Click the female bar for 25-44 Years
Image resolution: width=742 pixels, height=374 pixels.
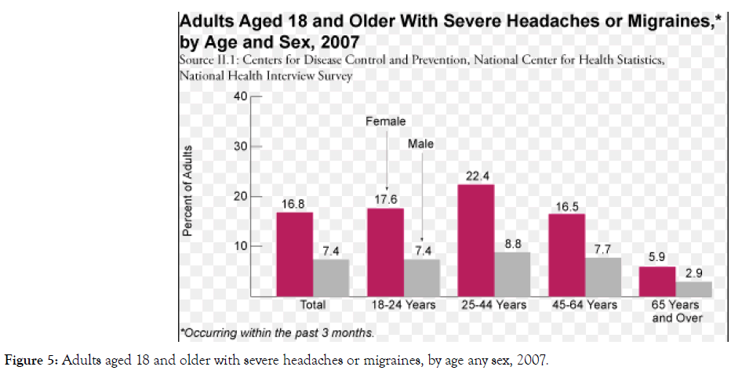coord(475,240)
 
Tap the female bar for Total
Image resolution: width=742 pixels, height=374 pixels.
coord(294,254)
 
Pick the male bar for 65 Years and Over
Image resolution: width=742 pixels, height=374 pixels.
coord(694,289)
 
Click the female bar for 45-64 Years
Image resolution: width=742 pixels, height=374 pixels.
coord(566,255)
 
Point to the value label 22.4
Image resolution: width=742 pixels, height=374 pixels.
coord(475,175)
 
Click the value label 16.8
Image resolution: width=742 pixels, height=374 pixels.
coord(294,203)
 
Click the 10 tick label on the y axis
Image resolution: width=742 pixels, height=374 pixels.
coord(238,246)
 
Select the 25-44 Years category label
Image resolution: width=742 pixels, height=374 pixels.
coord(494,305)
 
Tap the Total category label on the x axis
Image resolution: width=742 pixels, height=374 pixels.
coord(312,305)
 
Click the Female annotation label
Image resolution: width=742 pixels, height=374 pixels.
coord(386,122)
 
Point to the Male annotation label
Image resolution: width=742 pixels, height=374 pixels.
coord(420,144)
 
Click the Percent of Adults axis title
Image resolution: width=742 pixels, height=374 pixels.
coord(188,191)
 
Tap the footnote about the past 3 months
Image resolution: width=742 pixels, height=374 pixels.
coord(278,332)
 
